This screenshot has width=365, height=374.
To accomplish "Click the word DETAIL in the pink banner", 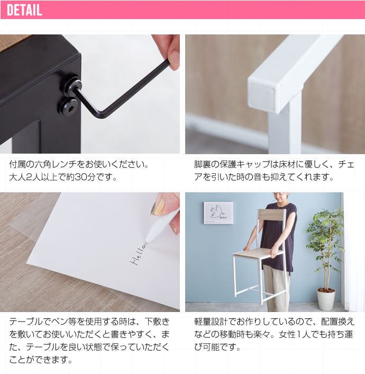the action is [24, 10].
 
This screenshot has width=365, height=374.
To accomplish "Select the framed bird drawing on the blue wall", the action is [218, 213].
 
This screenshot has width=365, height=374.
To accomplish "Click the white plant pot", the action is [326, 299].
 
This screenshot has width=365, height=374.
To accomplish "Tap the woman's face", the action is [281, 197].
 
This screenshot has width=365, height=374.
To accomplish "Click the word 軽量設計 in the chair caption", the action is [211, 322].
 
